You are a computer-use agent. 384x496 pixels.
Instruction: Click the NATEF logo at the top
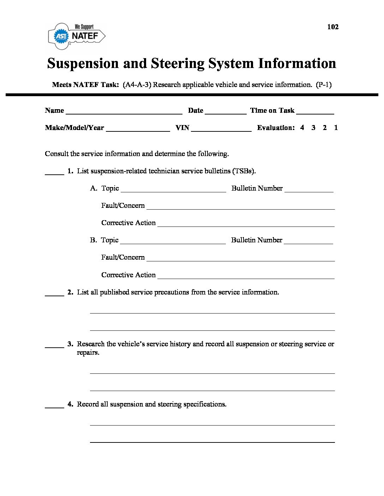point(77,36)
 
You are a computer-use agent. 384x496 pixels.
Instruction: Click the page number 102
point(333,27)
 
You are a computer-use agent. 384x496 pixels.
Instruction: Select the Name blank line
point(124,111)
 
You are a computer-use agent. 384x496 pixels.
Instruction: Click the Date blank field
point(226,111)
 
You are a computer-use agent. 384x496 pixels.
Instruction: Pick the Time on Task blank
point(315,111)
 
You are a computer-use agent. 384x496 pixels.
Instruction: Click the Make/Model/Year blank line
point(138,129)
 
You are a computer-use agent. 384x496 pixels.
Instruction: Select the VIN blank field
point(221,129)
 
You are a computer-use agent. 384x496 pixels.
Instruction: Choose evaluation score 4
point(302,128)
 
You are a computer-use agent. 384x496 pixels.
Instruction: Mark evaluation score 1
point(336,128)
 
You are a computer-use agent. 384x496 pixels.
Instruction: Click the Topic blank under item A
point(173,189)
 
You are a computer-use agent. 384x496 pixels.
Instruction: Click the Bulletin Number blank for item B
point(308,241)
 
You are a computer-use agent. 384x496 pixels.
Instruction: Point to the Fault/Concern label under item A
point(123,205)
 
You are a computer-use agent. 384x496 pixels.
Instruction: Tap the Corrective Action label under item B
point(128,275)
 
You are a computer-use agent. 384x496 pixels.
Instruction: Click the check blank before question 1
point(54,172)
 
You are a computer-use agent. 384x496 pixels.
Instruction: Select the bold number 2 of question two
point(70,292)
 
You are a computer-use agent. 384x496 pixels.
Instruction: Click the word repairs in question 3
point(88,353)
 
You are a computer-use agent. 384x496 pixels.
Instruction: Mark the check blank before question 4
point(54,405)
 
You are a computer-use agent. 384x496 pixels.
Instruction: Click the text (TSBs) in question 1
point(244,171)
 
